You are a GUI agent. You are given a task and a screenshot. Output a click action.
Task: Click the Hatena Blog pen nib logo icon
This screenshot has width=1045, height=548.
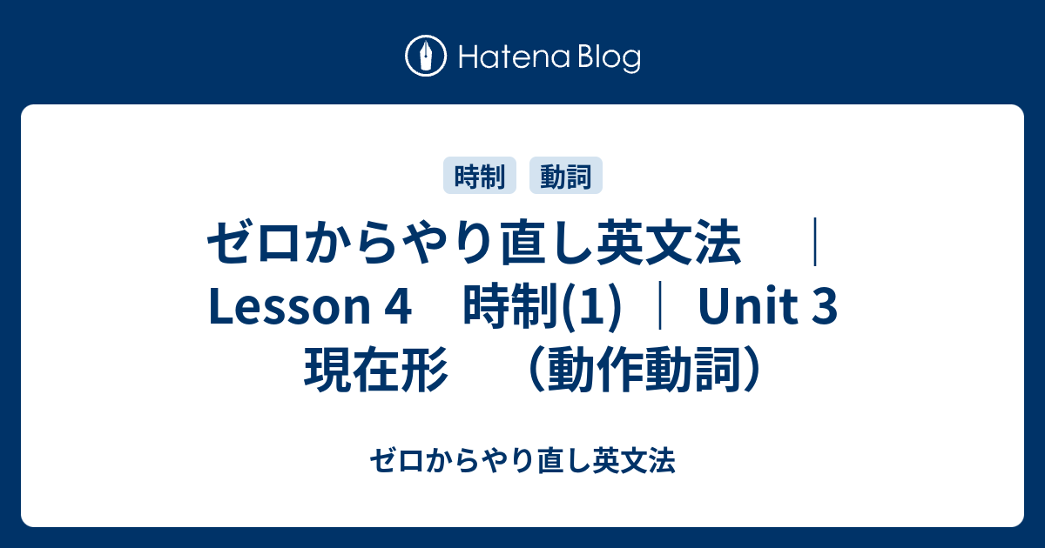coord(426,56)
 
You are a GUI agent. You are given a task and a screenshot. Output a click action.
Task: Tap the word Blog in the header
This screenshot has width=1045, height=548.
coord(610,59)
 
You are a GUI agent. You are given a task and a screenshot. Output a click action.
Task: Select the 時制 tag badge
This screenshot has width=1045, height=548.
coord(480,175)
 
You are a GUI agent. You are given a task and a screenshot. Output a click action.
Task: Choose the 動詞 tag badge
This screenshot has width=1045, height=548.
coord(566,175)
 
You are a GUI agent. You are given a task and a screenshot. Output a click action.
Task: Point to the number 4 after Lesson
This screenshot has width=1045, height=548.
coord(399,307)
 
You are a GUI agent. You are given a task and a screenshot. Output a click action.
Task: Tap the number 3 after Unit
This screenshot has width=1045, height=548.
coord(825,307)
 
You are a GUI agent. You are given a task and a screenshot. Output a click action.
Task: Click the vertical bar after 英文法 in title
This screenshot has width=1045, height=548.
coord(814,243)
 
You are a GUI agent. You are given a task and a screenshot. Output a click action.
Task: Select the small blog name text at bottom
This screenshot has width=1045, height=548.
coord(522,460)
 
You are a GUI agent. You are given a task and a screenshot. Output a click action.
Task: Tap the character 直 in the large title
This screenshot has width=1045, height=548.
coord(522,243)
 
